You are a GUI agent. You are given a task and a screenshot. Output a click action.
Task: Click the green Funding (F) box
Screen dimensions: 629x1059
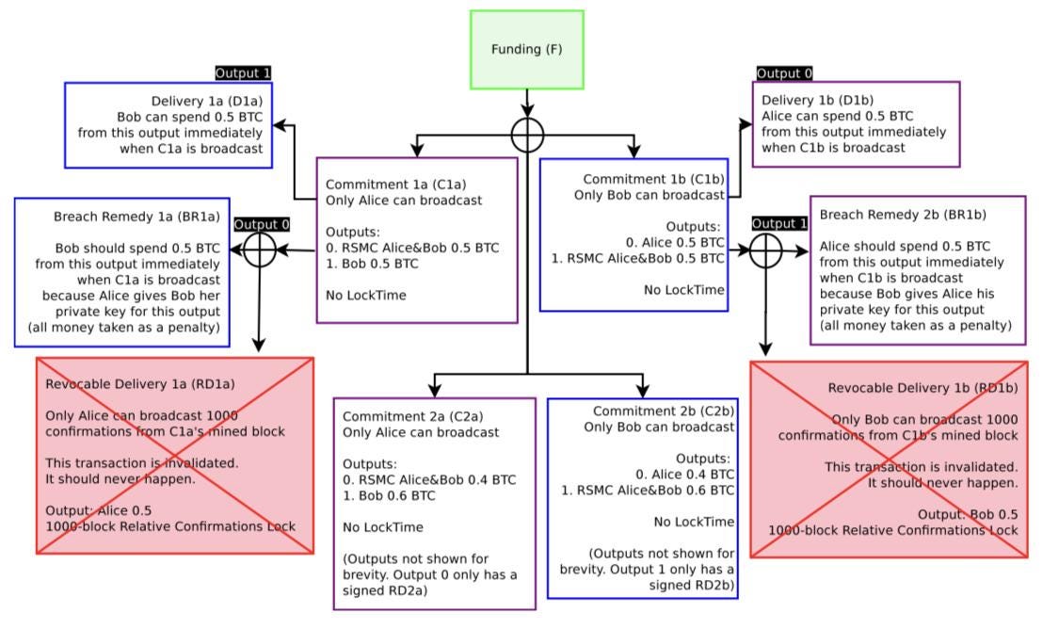click(526, 50)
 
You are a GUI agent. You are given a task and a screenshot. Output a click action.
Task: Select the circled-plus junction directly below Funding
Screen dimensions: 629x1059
click(527, 136)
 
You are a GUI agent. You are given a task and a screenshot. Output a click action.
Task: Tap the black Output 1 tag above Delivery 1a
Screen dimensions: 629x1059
click(243, 73)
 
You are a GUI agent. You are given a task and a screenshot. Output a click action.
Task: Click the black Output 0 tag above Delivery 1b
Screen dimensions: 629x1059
click(784, 73)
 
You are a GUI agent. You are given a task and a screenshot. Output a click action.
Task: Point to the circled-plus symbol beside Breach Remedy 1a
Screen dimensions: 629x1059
click(260, 250)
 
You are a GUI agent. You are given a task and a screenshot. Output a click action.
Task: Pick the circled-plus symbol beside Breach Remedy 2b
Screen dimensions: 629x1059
click(765, 250)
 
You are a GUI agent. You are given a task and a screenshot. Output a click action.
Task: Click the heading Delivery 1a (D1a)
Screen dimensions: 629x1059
click(206, 101)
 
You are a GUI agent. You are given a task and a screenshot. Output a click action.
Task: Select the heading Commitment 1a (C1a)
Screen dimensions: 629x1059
click(395, 185)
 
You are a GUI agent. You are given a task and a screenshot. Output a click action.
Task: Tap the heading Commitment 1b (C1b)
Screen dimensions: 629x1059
click(653, 179)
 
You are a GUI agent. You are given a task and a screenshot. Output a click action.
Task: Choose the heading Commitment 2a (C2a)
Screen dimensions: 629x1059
click(413, 416)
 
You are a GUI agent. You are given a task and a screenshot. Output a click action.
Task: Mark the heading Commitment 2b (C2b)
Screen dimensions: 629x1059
click(663, 411)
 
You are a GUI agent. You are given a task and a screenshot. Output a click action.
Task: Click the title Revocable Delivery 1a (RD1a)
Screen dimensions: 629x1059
click(140, 383)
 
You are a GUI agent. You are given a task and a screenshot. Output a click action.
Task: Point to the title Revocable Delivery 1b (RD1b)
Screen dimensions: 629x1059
click(923, 388)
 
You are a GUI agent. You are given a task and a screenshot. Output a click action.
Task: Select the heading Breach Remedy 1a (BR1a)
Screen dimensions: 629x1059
click(136, 217)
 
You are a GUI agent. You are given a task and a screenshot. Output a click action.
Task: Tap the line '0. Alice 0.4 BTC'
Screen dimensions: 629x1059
click(684, 474)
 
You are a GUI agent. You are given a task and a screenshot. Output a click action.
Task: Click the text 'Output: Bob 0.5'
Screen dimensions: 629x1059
click(968, 514)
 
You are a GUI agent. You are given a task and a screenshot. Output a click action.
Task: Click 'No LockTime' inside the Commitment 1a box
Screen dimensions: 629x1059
click(366, 295)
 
